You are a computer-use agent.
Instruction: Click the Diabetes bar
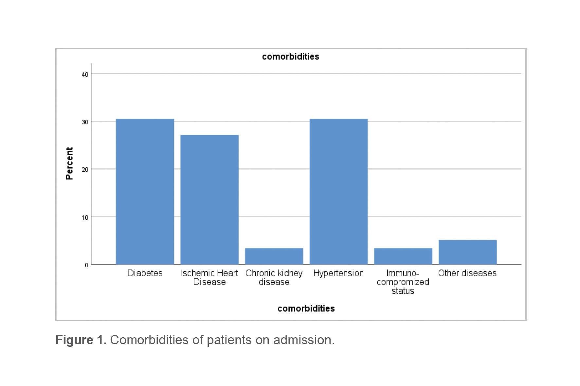point(145,192)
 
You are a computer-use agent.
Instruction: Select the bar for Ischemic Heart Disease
point(209,199)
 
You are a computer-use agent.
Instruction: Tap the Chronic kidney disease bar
point(274,256)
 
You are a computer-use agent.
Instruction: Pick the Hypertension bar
point(338,192)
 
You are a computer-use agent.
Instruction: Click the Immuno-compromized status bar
point(403,256)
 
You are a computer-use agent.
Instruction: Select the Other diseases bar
point(467,252)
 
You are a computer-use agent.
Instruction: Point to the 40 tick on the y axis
point(85,75)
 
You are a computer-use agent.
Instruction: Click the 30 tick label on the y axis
point(85,122)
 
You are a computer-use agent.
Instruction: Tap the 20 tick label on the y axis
point(85,170)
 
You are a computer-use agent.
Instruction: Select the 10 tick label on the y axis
point(85,218)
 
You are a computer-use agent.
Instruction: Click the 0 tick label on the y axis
point(86,265)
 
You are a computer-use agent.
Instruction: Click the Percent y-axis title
point(69,163)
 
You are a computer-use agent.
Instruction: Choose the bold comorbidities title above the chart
point(290,57)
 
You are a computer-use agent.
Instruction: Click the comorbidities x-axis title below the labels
point(306,309)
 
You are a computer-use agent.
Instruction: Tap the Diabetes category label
point(145,273)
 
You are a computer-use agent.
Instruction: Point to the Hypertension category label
point(338,273)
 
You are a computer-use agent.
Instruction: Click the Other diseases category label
point(467,273)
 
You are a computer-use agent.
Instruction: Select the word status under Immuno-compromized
point(403,291)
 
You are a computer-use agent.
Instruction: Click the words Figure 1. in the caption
point(81,340)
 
